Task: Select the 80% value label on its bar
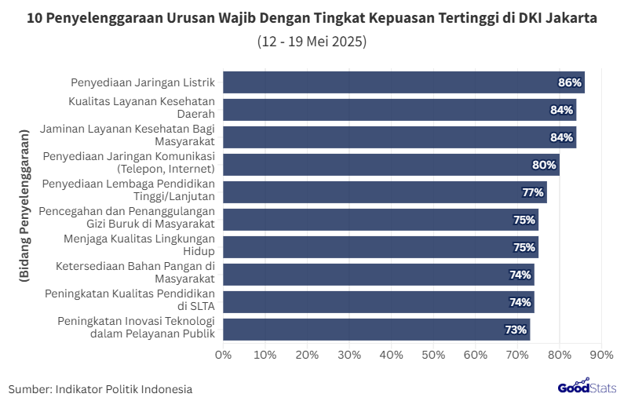[545, 165]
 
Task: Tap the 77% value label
[533, 192]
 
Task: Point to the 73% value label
[516, 330]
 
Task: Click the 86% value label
[569, 82]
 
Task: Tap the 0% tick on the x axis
[224, 355]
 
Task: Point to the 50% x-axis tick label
[433, 355]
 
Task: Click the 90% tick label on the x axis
[601, 355]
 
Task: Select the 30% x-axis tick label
[349, 355]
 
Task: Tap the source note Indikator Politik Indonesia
[100, 389]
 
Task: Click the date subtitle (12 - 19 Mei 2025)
[312, 42]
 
